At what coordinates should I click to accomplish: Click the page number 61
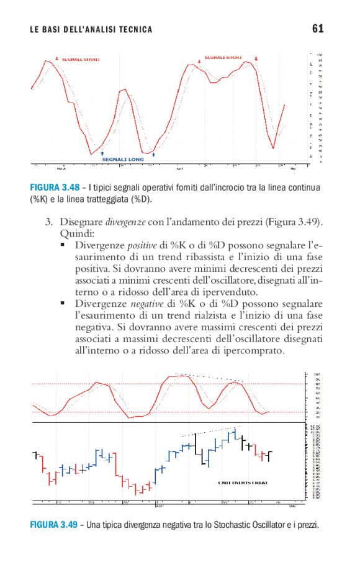pos(318,29)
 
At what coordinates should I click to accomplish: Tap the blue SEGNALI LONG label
pos(123,159)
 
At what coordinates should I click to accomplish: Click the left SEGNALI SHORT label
pos(81,60)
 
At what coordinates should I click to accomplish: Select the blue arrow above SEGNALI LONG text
pos(102,152)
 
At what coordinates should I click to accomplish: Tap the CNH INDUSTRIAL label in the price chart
pos(243,482)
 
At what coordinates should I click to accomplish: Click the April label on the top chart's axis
pos(180,168)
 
